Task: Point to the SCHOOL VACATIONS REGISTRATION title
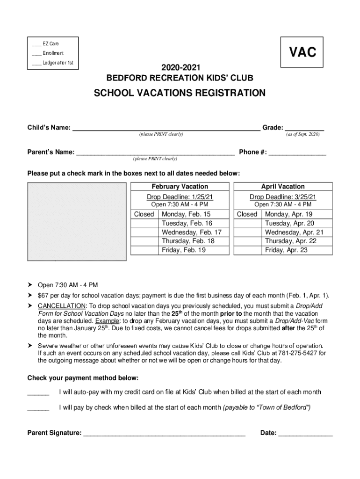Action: [180, 93]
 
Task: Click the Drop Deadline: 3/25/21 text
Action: [283, 196]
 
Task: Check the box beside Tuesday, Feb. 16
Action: [144, 223]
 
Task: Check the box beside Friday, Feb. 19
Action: [144, 250]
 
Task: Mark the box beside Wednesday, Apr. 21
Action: [248, 232]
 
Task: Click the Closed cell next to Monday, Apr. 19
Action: [247, 214]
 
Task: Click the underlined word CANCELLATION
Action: [59, 306]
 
